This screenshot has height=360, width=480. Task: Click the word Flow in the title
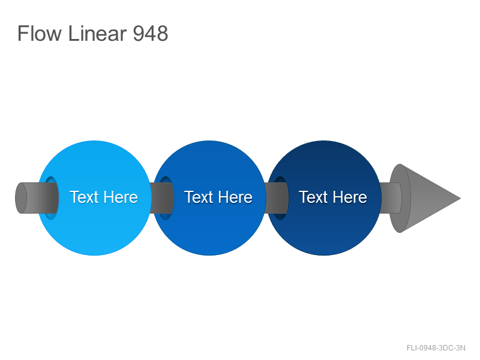40,34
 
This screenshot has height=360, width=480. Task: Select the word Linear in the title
97,34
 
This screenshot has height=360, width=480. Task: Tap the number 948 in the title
151,34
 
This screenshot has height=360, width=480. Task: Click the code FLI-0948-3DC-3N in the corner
436,348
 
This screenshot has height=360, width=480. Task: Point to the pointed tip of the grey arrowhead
460,199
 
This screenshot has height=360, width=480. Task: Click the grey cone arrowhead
425,199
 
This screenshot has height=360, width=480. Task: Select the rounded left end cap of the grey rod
21,198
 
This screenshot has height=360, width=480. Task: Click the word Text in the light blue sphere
83,197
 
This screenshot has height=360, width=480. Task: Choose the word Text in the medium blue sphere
199,197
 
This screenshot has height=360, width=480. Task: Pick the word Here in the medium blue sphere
235,197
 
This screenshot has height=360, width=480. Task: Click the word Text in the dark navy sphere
313,197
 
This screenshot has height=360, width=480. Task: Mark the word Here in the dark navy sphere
349,197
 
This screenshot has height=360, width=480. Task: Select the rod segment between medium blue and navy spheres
276,198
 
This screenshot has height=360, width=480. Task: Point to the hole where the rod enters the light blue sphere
51,198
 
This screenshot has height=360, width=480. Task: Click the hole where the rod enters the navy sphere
280,198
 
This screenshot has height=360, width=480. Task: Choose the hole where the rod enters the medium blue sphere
166,198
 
